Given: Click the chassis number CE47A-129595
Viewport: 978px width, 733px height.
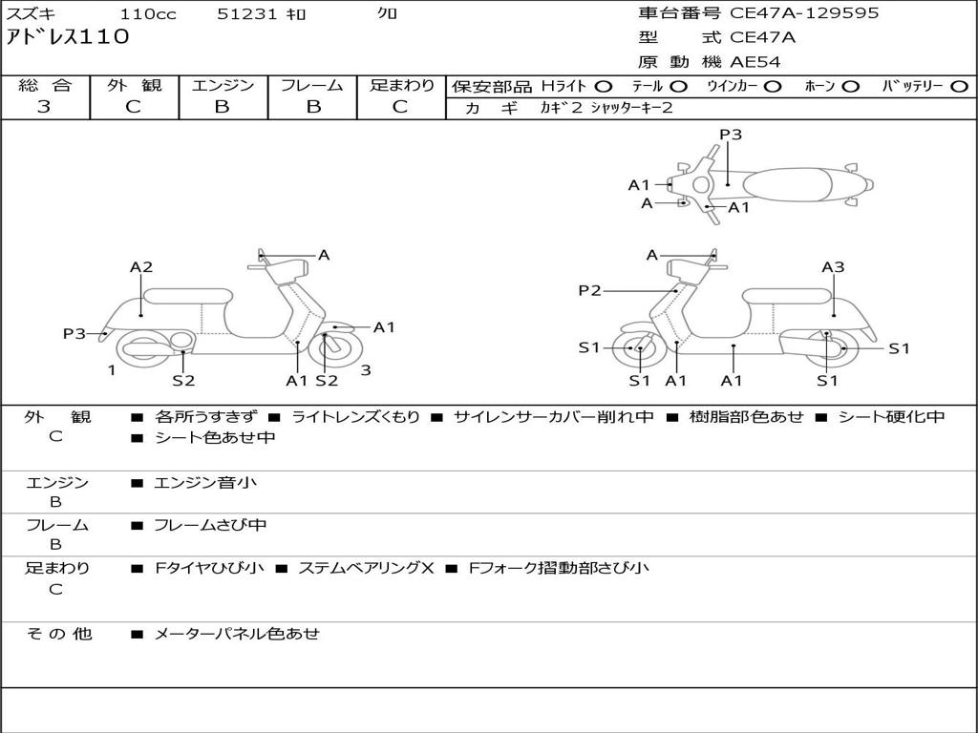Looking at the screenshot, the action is tap(804, 13).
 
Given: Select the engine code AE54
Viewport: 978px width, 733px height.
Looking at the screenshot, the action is tap(755, 63).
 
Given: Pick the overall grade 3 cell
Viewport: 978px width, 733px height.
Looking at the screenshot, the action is tap(44, 107).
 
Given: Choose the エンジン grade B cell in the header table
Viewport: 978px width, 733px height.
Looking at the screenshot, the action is tap(223, 107).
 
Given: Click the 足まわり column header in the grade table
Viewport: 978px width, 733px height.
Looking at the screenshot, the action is tap(401, 85).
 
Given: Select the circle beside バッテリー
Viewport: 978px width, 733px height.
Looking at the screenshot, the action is tap(959, 87).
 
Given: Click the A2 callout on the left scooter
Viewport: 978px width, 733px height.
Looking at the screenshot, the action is tap(141, 267).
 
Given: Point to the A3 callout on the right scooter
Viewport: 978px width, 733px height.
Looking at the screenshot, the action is tap(833, 267).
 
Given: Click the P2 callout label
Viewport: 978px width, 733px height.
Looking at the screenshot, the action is tap(589, 291).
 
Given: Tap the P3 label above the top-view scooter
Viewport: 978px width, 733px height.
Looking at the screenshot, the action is tap(731, 135).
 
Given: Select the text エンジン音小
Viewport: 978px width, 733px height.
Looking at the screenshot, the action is tap(205, 483).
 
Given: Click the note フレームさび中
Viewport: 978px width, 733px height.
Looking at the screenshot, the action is tap(210, 525).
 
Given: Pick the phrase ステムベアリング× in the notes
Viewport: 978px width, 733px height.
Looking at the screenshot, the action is tap(366, 568).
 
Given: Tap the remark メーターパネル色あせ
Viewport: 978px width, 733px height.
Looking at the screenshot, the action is tap(236, 633).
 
